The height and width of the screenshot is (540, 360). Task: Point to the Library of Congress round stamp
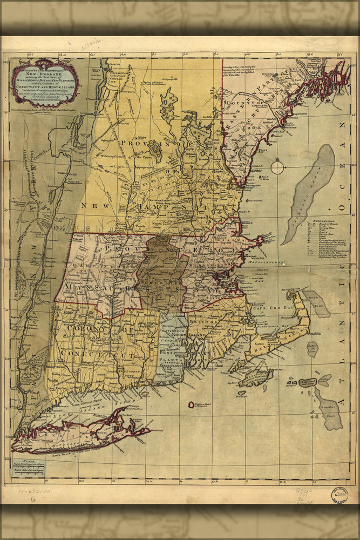[339, 495]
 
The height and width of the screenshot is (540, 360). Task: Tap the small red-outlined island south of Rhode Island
[191, 404]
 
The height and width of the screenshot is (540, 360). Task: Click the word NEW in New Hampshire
[91, 205]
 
